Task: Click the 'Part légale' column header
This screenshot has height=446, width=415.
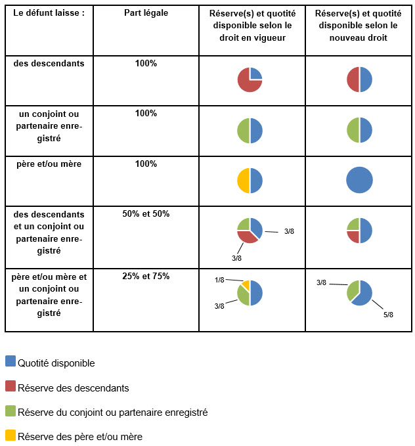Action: (x=146, y=14)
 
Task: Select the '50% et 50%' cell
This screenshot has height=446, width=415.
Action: (x=146, y=214)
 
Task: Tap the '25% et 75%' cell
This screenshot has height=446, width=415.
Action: (x=146, y=276)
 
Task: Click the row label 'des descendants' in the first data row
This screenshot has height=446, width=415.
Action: (x=49, y=63)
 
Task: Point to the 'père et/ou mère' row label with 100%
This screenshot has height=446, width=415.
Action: (x=49, y=164)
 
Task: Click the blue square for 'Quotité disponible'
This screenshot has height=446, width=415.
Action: (x=10, y=361)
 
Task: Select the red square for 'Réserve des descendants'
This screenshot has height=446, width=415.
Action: (x=10, y=386)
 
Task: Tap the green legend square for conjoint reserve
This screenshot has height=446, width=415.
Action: (x=10, y=411)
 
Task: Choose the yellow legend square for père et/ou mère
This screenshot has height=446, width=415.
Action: (x=10, y=435)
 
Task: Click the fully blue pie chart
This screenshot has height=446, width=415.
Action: (x=359, y=180)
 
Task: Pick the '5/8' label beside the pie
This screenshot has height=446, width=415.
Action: (x=387, y=315)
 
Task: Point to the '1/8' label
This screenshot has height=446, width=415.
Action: (x=220, y=280)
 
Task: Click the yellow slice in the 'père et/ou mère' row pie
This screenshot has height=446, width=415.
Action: (x=244, y=181)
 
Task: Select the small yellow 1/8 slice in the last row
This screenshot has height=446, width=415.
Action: (x=246, y=285)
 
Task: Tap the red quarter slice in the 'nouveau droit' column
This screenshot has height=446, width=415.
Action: (x=353, y=236)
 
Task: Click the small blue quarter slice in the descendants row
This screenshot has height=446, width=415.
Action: (x=255, y=74)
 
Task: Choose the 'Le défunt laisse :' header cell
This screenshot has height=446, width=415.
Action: (x=49, y=14)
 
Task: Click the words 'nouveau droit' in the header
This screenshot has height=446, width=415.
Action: (x=359, y=38)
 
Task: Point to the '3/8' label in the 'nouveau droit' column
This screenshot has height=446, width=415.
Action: (x=322, y=283)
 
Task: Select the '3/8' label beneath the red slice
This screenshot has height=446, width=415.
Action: (x=237, y=258)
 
